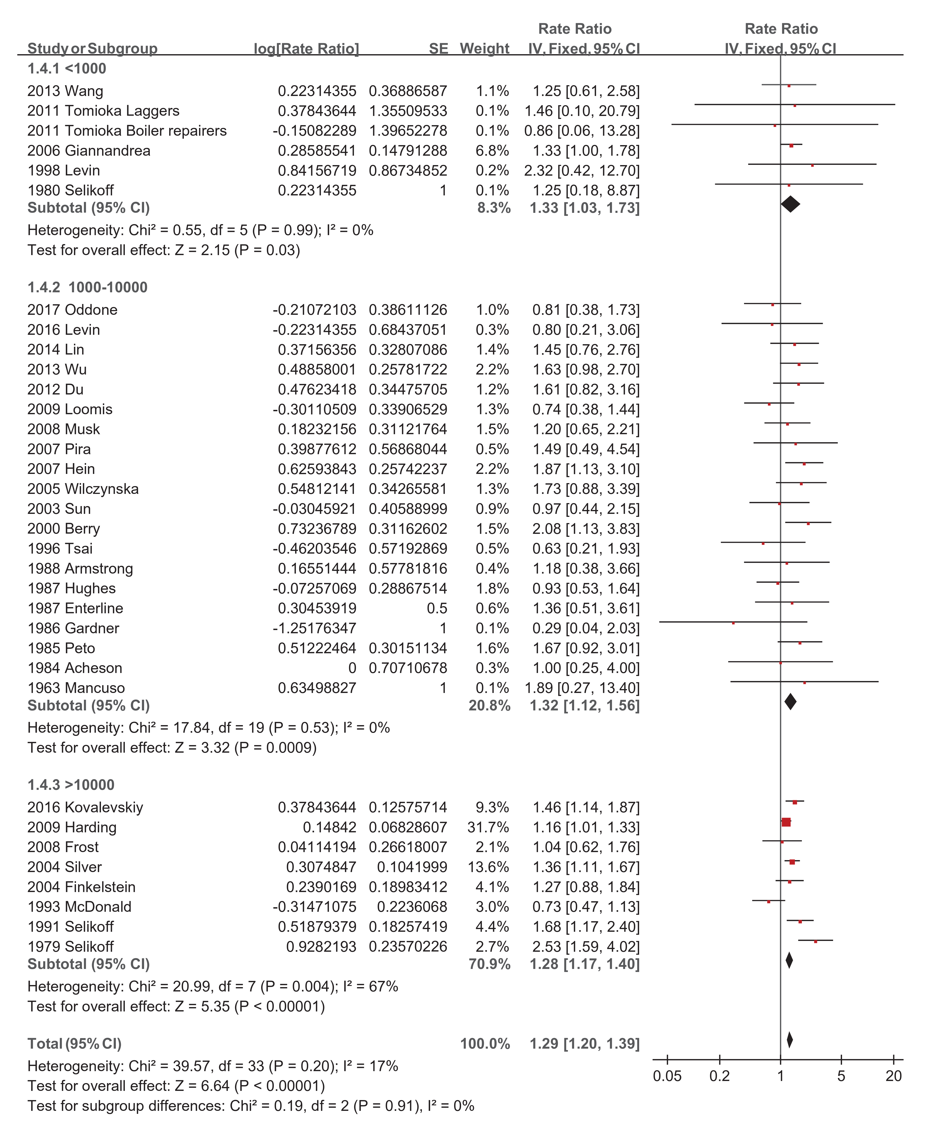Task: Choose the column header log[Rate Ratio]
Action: pos(306,49)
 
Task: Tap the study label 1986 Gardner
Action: pos(73,628)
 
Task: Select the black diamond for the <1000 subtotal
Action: pos(790,204)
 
